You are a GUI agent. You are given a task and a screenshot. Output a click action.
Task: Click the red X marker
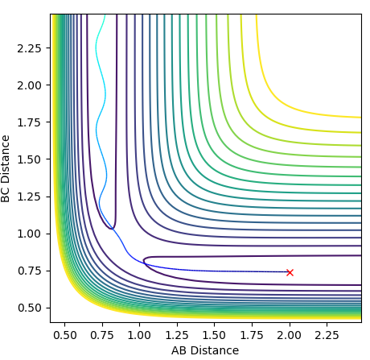[x=290, y=272]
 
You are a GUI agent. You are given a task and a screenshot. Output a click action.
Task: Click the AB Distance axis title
[x=205, y=350]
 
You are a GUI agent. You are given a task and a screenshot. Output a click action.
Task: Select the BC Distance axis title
[x=6, y=168]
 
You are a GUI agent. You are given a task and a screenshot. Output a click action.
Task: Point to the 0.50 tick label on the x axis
[x=64, y=335]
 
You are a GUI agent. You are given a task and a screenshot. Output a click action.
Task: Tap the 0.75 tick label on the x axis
[x=102, y=335]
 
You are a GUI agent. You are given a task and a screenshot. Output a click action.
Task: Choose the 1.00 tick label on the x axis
[x=139, y=335]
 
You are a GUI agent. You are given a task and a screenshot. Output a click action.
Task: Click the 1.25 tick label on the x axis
[x=177, y=335]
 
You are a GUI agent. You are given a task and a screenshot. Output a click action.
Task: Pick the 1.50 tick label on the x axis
[x=215, y=335]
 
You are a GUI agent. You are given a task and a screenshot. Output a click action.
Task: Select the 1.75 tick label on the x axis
[x=252, y=335]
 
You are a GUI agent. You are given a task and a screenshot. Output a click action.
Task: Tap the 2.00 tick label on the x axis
[x=290, y=335]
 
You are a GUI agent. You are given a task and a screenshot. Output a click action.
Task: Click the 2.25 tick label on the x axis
[x=327, y=335]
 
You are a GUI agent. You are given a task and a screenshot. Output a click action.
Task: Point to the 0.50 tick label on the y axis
[x=30, y=308]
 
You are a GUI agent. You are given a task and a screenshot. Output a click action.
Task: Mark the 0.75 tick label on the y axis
[x=30, y=271]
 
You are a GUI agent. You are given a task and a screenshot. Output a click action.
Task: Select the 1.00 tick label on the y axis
[x=30, y=234]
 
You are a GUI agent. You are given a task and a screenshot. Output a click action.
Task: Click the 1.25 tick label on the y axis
[x=30, y=197]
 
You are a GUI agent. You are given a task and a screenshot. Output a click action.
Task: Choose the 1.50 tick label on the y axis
[x=30, y=159]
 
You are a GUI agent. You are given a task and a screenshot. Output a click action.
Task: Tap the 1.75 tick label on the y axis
[x=30, y=122]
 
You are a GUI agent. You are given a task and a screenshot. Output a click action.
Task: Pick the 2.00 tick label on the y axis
[x=30, y=85]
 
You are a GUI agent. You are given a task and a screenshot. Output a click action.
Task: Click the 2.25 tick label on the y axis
[x=30, y=48]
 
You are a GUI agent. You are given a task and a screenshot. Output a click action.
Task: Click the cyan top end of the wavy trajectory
[x=105, y=14]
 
